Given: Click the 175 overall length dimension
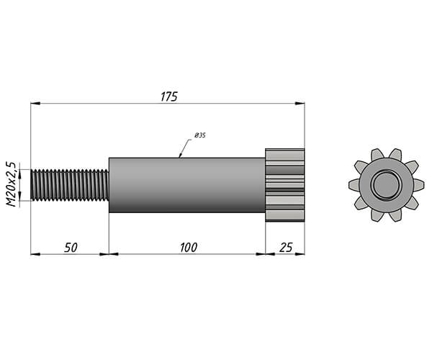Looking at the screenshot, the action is click(169, 96).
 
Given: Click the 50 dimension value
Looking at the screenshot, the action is click(71, 248).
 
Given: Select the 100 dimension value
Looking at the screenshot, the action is click(189, 248).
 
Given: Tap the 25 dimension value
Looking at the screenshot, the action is click(286, 248).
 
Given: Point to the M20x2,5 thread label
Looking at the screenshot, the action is click(12, 184).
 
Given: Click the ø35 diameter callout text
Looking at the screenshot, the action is click(200, 135).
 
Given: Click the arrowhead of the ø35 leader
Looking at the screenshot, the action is click(180, 155).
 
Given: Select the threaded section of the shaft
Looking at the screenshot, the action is click(70, 185).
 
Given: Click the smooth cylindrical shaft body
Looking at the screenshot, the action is click(187, 185).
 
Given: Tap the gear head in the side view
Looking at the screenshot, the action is click(285, 185).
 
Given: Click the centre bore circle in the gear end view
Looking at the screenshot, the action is click(385, 184).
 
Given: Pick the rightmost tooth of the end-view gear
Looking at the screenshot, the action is click(419, 184).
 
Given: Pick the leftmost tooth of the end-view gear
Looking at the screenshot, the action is click(354, 184).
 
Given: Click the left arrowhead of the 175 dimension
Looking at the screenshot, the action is click(35, 103).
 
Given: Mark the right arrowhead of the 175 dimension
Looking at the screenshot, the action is click(300, 103).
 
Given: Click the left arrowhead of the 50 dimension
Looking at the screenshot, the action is click(35, 254).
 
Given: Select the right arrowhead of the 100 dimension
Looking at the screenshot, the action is click(261, 254).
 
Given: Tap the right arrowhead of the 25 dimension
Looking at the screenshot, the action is click(300, 254).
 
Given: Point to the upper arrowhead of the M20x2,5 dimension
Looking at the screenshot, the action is click(19, 174).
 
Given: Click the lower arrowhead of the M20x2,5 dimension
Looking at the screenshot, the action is click(19, 196).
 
